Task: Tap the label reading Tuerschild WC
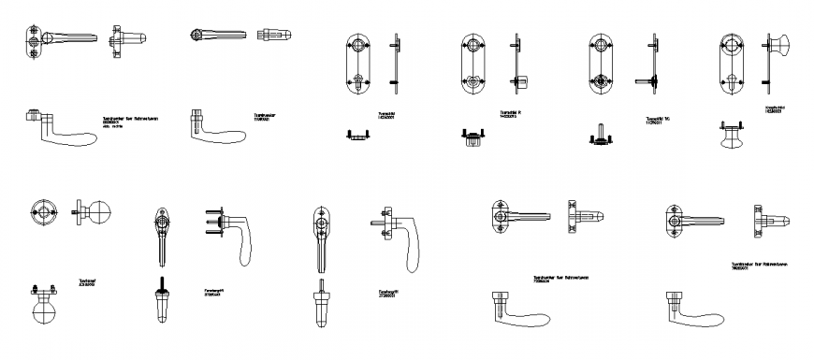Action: (x=660, y=120)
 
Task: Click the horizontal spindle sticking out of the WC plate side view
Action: (x=644, y=80)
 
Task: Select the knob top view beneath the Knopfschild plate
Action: (x=729, y=135)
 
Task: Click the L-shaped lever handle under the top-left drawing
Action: (x=56, y=128)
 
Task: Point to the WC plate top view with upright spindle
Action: (x=601, y=137)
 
